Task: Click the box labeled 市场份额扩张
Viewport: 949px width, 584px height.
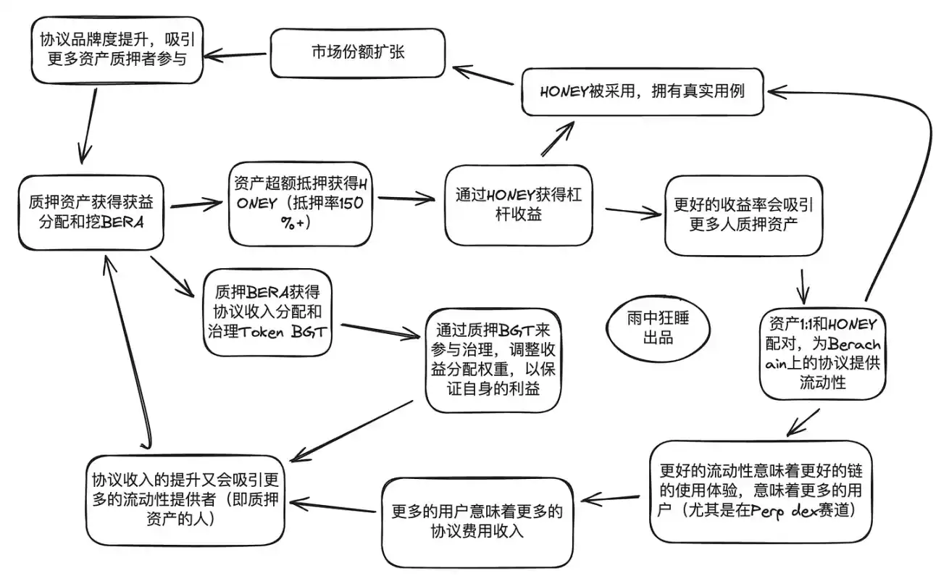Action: pos(357,53)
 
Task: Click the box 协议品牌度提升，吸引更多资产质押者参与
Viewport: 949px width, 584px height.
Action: pos(116,49)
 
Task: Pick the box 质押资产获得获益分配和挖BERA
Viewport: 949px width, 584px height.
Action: pos(91,212)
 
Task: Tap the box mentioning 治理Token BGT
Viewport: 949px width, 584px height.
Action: pos(268,312)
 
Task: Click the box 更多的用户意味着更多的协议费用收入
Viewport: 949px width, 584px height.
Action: pos(476,520)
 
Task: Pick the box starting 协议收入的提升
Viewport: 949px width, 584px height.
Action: pos(185,499)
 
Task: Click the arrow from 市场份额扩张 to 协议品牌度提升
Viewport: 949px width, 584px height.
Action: pos(235,55)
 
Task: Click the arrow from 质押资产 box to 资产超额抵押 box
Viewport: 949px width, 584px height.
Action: pos(196,206)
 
